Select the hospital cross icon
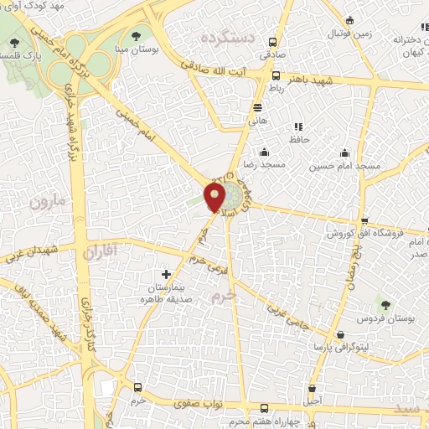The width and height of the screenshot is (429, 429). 166,274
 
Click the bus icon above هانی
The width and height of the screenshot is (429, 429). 256,107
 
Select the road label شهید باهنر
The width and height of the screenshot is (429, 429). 309,81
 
